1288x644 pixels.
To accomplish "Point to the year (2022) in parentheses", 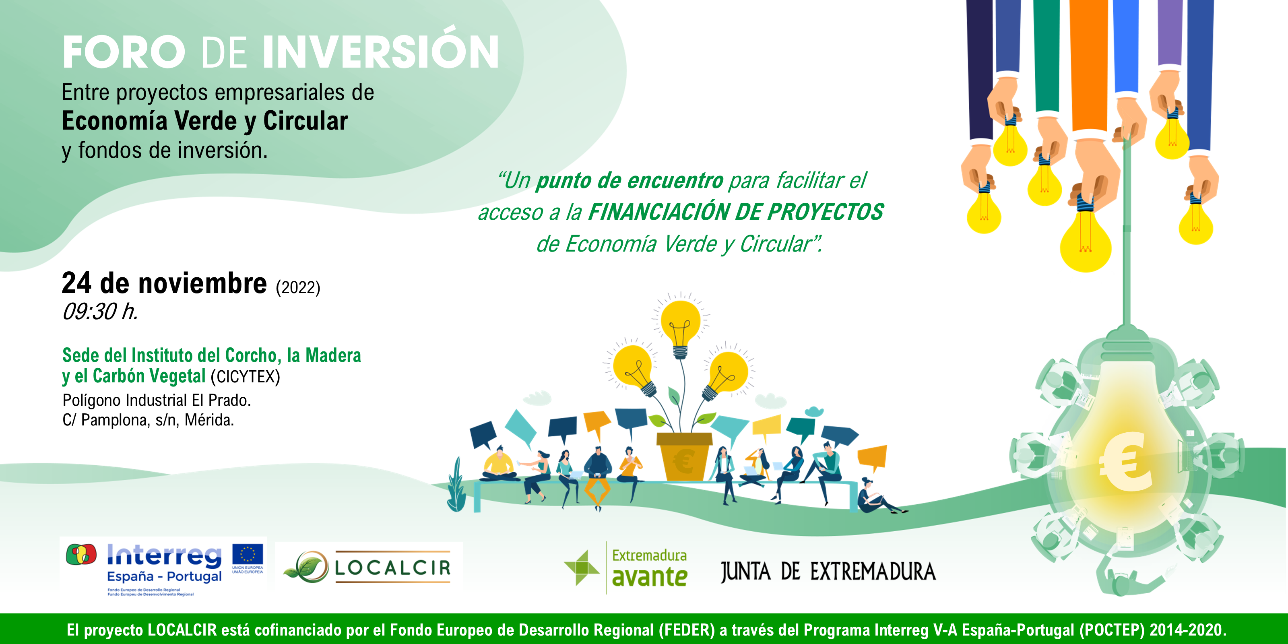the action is pos(297,287).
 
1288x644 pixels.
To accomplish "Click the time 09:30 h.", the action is pos(100,312).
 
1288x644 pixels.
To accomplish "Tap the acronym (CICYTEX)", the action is pos(245,376).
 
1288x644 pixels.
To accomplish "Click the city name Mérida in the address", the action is pos(209,420).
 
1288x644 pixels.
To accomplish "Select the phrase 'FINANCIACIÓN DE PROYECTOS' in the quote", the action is pos(735,212).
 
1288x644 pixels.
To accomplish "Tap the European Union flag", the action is pos(247,555).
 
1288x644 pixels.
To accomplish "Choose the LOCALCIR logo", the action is pos(369,566).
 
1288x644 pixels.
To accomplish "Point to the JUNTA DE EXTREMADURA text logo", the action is pos(828,572).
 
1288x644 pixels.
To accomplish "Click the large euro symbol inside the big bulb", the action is pos(1126,460).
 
